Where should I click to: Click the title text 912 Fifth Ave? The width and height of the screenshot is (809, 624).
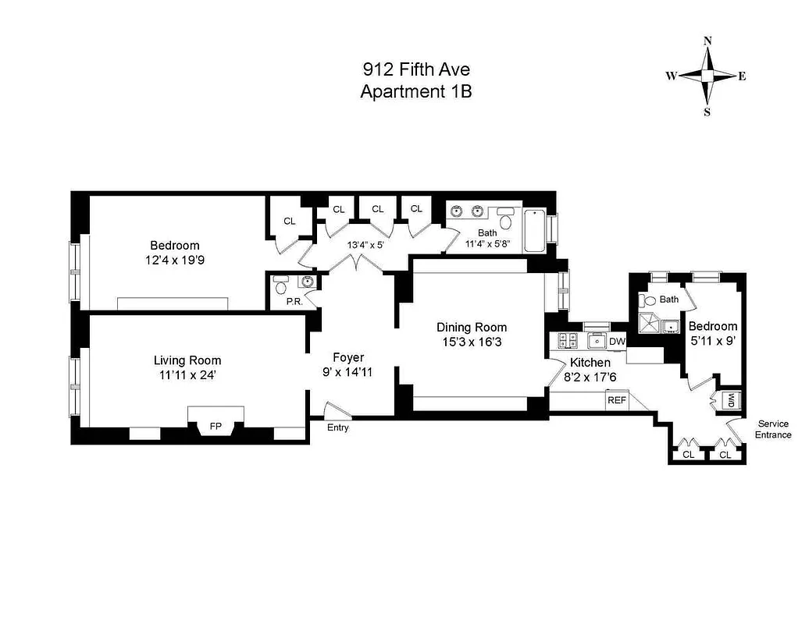(x=415, y=69)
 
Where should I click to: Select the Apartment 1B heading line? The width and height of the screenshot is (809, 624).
(x=415, y=91)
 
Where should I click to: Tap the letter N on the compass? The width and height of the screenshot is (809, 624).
(x=707, y=41)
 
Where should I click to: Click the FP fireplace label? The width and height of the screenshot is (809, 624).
(x=216, y=427)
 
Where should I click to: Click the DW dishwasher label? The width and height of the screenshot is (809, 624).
(x=617, y=341)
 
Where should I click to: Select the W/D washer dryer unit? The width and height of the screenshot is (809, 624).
(x=731, y=399)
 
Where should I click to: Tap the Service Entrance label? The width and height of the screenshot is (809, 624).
(x=773, y=429)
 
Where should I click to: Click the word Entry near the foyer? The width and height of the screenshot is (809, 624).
(x=337, y=427)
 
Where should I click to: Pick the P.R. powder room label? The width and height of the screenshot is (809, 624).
(x=295, y=300)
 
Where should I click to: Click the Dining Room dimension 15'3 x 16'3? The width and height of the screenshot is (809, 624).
(x=471, y=342)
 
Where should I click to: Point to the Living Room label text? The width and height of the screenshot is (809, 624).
(x=187, y=360)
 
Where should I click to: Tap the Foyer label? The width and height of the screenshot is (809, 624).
(x=348, y=357)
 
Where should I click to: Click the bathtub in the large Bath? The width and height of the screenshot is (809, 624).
(x=535, y=230)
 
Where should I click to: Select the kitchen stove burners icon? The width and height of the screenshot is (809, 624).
(x=567, y=340)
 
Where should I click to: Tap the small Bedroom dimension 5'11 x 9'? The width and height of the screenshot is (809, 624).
(x=713, y=340)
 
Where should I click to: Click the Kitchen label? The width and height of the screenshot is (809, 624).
(x=590, y=363)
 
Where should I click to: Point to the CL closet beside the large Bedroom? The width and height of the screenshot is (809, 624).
(x=290, y=221)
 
